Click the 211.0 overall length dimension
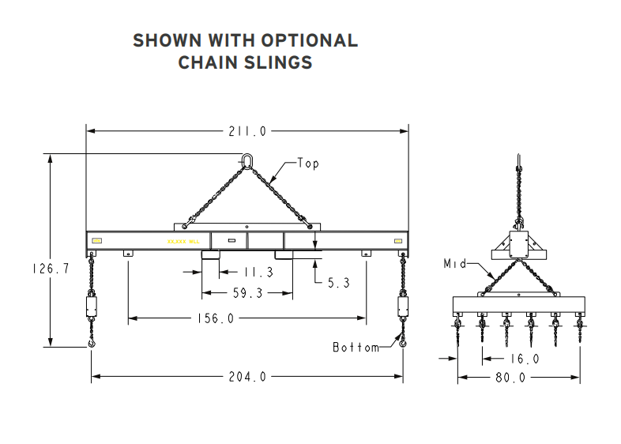tap(247, 131)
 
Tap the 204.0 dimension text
tap(247, 377)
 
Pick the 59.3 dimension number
tap(247, 292)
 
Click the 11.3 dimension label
tap(258, 273)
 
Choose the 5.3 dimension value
tap(338, 282)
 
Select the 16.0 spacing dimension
tap(523, 359)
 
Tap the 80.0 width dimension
tap(510, 378)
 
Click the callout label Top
tap(308, 164)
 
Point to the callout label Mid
tap(455, 263)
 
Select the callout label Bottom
tap(356, 347)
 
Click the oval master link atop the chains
tap(247, 162)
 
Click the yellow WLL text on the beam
tap(178, 240)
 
